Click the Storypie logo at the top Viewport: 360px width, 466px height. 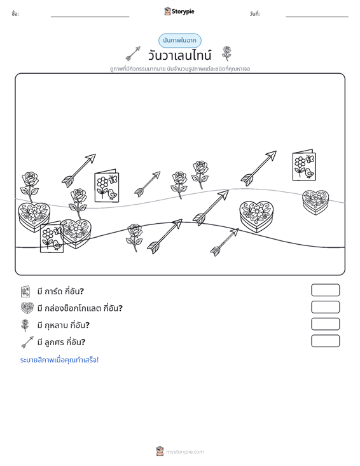tap(179, 11)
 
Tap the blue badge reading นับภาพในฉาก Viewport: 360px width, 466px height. tap(179, 41)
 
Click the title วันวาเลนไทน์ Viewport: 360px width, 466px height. tap(179, 55)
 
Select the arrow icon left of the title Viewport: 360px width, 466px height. tap(133, 53)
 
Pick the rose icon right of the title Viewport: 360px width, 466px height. tap(226, 53)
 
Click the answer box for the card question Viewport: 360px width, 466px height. tap(325, 290)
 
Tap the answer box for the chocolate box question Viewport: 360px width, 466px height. tap(325, 307)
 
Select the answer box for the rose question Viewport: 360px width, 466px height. tap(325, 324)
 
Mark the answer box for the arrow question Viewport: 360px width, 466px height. tap(325, 341)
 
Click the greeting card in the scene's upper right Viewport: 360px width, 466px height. tap(304, 165)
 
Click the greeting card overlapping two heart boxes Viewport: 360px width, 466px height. tap(52, 237)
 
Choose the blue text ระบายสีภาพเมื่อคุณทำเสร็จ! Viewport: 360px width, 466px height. tap(59, 360)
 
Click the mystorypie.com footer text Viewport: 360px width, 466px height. tap(184, 452)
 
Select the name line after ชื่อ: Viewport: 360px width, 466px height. tap(90, 17)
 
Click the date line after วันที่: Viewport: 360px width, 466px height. tap(317, 17)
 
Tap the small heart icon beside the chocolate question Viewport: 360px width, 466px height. tap(27, 308)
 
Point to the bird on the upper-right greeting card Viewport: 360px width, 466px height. tap(310, 172)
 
